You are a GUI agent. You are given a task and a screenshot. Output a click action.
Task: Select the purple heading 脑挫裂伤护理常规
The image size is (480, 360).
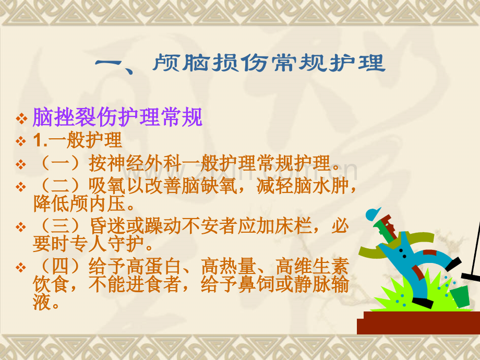pos(117,117)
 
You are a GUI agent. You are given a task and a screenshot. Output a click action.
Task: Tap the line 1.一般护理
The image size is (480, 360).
pos(77,140)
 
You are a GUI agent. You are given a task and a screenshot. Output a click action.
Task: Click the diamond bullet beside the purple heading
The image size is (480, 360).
pos(21,118)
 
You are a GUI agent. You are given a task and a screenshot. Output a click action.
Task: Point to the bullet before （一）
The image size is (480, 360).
pos(21,164)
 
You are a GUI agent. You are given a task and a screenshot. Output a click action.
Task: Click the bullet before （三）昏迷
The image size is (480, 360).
pos(21,227)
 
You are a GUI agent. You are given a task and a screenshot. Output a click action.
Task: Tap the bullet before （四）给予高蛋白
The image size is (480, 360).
pos(21,268)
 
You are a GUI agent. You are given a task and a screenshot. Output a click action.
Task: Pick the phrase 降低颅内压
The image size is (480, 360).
pos(79,203)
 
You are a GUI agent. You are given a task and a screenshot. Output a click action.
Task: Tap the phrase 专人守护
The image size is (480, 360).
pos(106,244)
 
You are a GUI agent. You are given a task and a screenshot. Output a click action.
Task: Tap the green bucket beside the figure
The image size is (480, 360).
pos(460,296)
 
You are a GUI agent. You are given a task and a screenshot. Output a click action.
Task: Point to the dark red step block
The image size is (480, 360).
pos(418,322)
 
